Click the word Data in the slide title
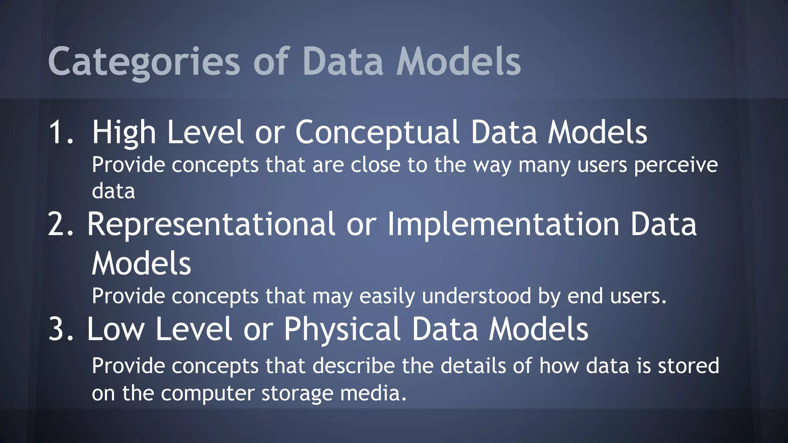(x=343, y=62)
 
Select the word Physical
(x=342, y=329)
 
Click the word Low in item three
(x=115, y=329)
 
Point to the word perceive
(x=676, y=165)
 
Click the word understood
(x=476, y=296)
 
